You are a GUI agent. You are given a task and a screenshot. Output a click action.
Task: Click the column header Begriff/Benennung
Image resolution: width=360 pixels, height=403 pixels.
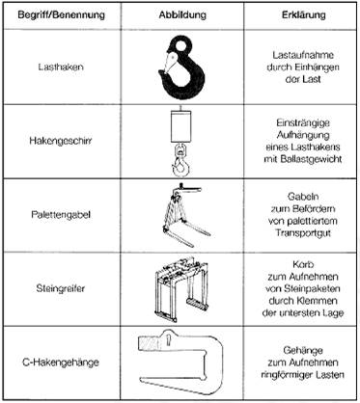[61, 15]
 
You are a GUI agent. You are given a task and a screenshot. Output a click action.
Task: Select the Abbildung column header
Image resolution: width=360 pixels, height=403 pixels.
[182, 14]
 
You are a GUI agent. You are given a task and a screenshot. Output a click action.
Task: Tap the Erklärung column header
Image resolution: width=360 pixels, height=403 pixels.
[303, 14]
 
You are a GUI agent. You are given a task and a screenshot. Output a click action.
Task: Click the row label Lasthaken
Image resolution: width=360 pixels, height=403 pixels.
[61, 67]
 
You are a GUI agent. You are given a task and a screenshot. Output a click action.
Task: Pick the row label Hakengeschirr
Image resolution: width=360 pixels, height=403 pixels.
[61, 141]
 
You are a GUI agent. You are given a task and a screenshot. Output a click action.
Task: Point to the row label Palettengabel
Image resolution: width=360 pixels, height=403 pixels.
[61, 214]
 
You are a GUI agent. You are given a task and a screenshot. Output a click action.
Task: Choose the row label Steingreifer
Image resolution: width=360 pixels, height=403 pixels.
[61, 288]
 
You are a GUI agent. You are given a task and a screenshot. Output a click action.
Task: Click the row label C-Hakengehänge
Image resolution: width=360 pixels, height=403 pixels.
[61, 363]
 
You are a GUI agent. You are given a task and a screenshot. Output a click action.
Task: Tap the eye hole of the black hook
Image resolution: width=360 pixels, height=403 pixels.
[181, 45]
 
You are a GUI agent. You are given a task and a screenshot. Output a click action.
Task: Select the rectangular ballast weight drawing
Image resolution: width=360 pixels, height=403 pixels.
[181, 125]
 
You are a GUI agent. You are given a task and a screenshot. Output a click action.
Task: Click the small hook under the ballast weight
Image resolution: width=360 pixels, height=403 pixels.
[180, 161]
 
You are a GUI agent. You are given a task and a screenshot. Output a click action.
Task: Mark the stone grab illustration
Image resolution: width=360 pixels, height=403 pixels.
[181, 288]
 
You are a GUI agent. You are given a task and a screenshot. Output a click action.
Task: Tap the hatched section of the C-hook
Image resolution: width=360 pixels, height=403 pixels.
[151, 343]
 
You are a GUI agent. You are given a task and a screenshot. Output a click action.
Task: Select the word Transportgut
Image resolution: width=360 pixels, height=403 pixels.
[303, 233]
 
